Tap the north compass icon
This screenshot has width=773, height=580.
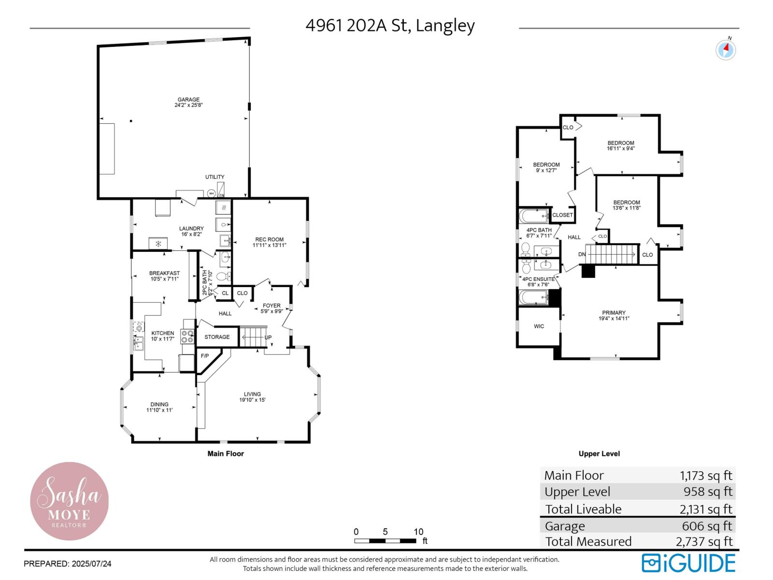(725, 49)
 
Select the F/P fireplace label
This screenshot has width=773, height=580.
(205, 356)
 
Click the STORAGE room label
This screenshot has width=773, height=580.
(217, 337)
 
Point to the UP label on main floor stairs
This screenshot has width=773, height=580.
(268, 337)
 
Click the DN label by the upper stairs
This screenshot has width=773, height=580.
(582, 254)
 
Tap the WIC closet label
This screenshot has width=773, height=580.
(539, 326)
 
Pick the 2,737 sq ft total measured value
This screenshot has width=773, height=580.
(704, 541)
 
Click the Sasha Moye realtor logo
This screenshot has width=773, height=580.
(69, 501)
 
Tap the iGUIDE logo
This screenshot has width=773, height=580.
(688, 563)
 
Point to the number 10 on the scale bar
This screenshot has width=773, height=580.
(418, 532)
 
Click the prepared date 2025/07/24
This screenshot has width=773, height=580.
(91, 564)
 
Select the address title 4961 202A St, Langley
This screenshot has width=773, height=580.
(390, 25)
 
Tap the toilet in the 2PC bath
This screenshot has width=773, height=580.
(223, 276)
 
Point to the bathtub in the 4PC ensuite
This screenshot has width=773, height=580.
(533, 297)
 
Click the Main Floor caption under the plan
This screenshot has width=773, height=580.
(226, 453)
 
